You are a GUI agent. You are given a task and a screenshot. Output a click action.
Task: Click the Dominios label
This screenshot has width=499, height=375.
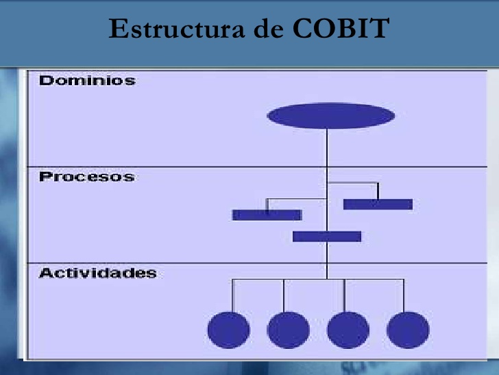(x=87, y=81)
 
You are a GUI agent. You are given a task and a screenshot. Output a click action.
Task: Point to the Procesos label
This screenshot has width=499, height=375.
(x=86, y=177)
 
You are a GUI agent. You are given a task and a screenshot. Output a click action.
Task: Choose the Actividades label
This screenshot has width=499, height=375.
(x=97, y=273)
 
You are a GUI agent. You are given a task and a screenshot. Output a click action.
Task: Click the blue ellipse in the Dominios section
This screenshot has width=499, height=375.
(x=330, y=116)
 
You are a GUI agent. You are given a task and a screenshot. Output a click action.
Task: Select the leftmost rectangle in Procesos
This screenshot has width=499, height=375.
(x=267, y=215)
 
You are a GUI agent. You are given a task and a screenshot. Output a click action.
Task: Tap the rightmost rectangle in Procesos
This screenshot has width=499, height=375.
(x=378, y=204)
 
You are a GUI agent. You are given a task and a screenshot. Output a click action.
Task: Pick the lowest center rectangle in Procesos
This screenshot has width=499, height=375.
(x=327, y=236)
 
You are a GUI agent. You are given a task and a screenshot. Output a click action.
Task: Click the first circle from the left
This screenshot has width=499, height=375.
(x=228, y=330)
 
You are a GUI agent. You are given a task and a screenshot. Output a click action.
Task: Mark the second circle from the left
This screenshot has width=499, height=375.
(x=288, y=330)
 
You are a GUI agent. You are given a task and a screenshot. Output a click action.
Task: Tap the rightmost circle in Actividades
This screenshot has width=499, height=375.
(x=408, y=330)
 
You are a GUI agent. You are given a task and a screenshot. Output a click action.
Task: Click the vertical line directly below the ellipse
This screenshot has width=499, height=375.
(x=327, y=148)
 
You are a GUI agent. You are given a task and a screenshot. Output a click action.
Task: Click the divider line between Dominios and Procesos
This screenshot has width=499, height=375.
(x=171, y=167)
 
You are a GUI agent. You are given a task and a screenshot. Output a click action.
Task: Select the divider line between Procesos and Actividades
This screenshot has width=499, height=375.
(x=171, y=263)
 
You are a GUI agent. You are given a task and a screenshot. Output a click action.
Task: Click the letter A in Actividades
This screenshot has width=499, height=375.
(x=46, y=273)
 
